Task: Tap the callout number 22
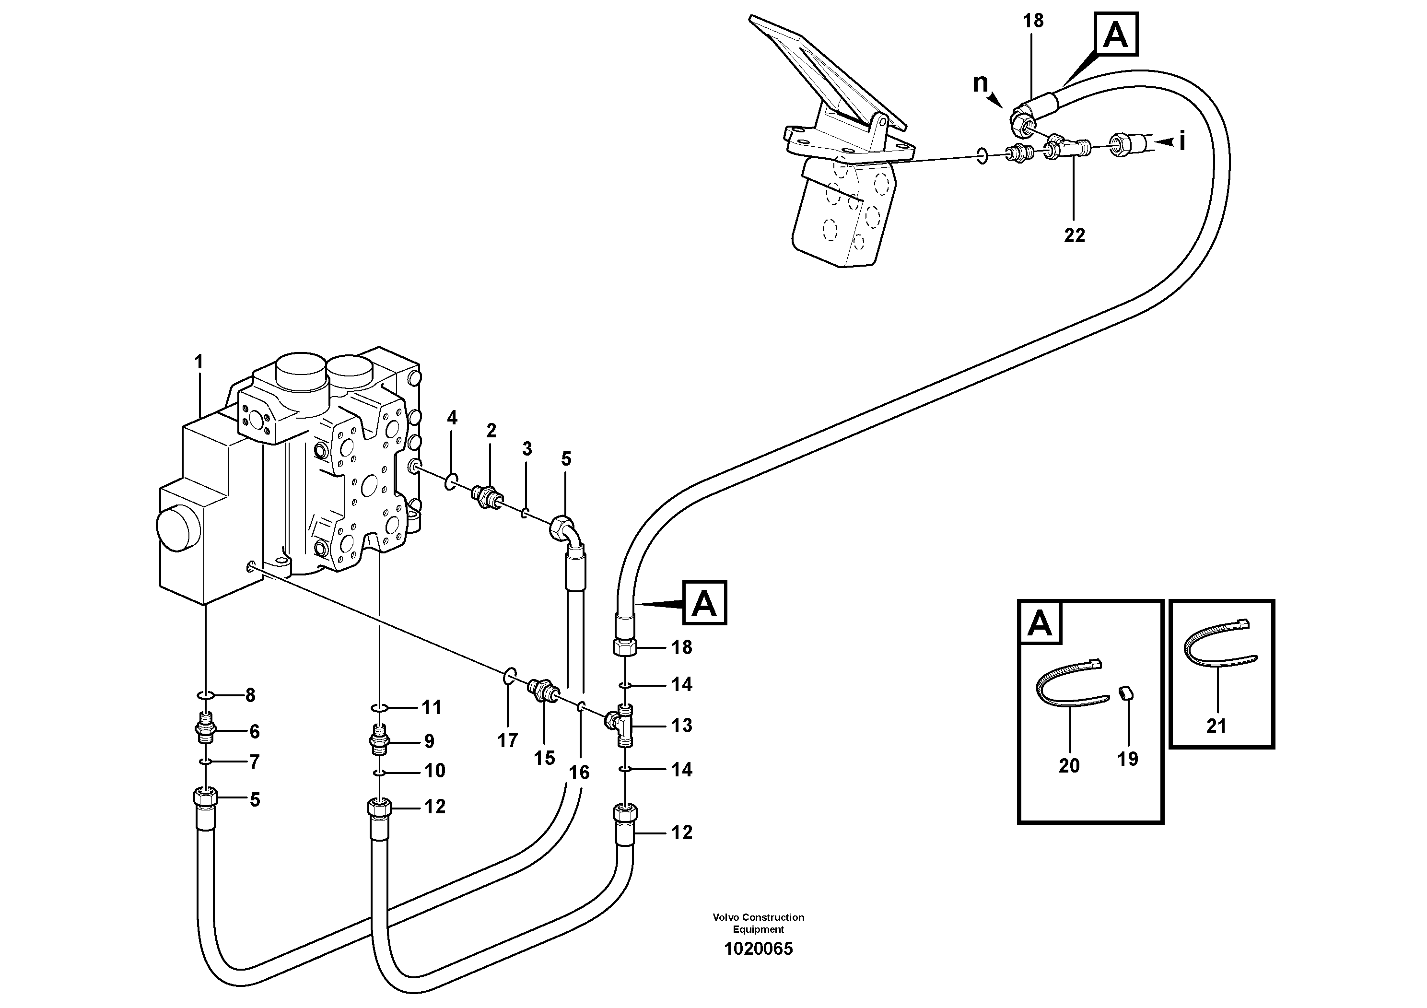pos(1074,235)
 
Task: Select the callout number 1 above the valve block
pos(199,362)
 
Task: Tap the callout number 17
pos(507,740)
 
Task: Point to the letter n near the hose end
pos(980,82)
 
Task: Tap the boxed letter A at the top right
pos(1116,35)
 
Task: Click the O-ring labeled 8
pos(206,694)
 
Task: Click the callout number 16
pos(579,773)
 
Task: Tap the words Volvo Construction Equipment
pos(758,923)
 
